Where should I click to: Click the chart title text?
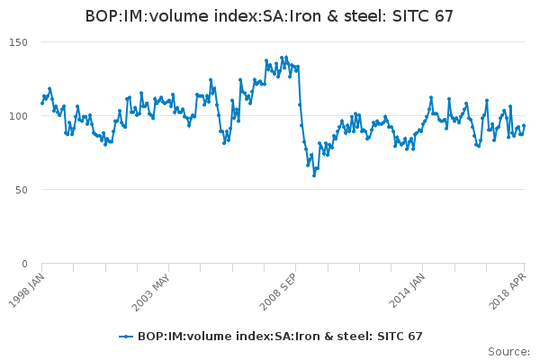pyautogui.click(x=269, y=16)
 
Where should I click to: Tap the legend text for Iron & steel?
pyautogui.click(x=280, y=337)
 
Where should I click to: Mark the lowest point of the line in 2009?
pyautogui.click(x=314, y=175)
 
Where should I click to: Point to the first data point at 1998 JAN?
pyautogui.click(x=42, y=103)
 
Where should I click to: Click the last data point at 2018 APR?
pyautogui.click(x=524, y=126)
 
